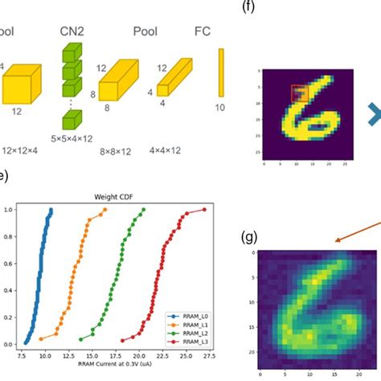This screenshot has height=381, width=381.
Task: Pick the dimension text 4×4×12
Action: coord(174,150)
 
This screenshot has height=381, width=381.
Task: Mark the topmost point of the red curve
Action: coord(203,210)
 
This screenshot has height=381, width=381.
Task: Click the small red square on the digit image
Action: coord(298,93)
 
